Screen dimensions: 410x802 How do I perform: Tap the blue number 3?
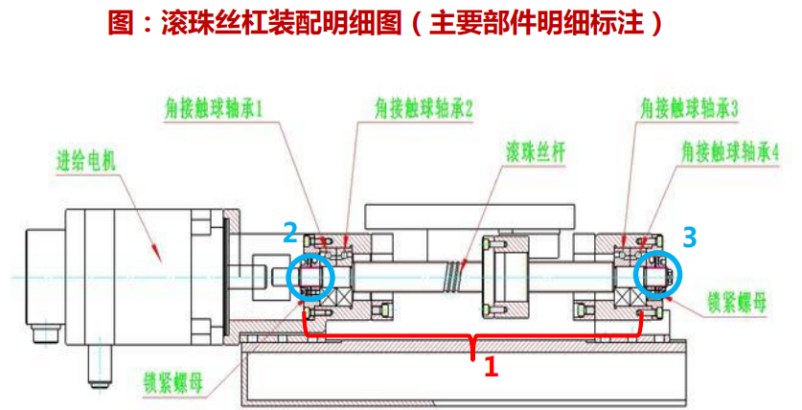(x=690, y=235)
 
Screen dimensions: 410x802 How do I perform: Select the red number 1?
(x=490, y=365)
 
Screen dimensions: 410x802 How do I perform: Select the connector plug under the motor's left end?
(x=42, y=335)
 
